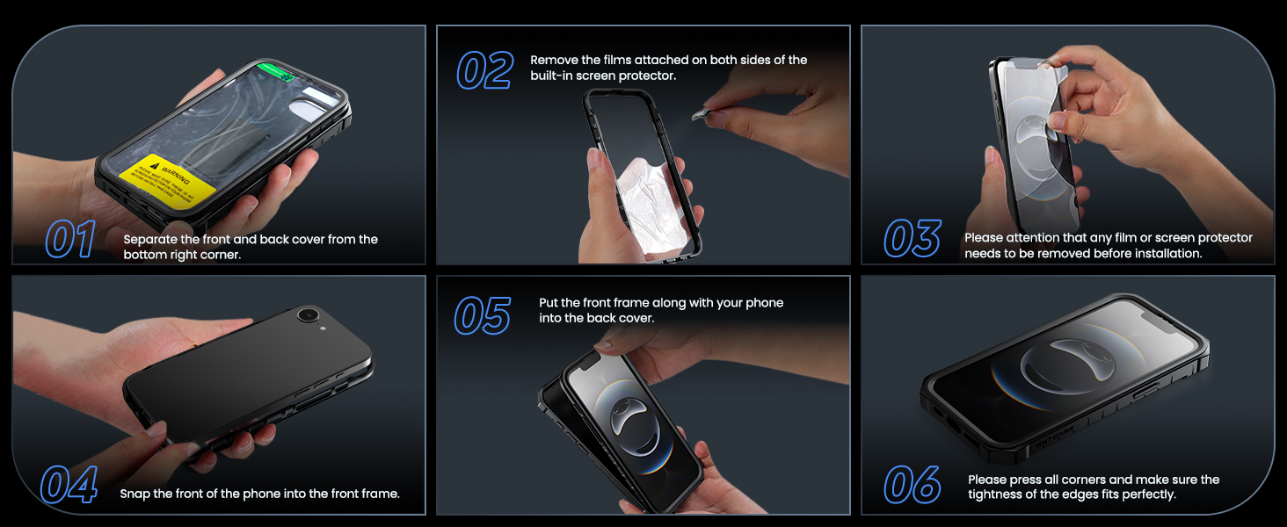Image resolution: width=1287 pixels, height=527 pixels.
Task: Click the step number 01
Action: click(x=69, y=240)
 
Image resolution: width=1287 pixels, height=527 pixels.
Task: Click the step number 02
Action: click(x=484, y=70)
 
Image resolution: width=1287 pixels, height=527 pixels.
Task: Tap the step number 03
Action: click(x=912, y=238)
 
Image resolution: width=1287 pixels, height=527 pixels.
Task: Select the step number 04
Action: click(x=69, y=485)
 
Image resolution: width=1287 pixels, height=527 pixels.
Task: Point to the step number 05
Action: click(x=482, y=315)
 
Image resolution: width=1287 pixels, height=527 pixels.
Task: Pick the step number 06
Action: click(x=912, y=485)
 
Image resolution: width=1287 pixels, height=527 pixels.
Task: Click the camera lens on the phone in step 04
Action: click(x=308, y=315)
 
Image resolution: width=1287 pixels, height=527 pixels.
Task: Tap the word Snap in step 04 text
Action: click(x=135, y=495)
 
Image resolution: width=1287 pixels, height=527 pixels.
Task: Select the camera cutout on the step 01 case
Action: click(x=310, y=111)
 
